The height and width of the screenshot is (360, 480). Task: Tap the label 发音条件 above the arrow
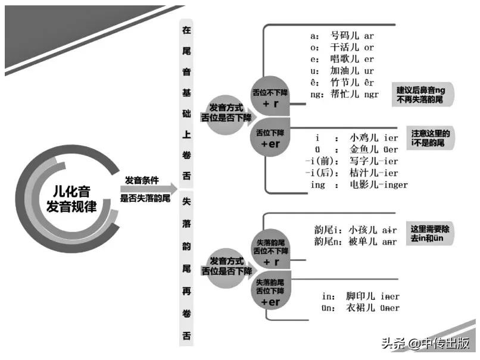pyautogui.click(x=141, y=180)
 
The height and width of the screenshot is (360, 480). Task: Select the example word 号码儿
pyautogui.click(x=344, y=36)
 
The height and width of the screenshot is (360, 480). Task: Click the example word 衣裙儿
pyautogui.click(x=360, y=308)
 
